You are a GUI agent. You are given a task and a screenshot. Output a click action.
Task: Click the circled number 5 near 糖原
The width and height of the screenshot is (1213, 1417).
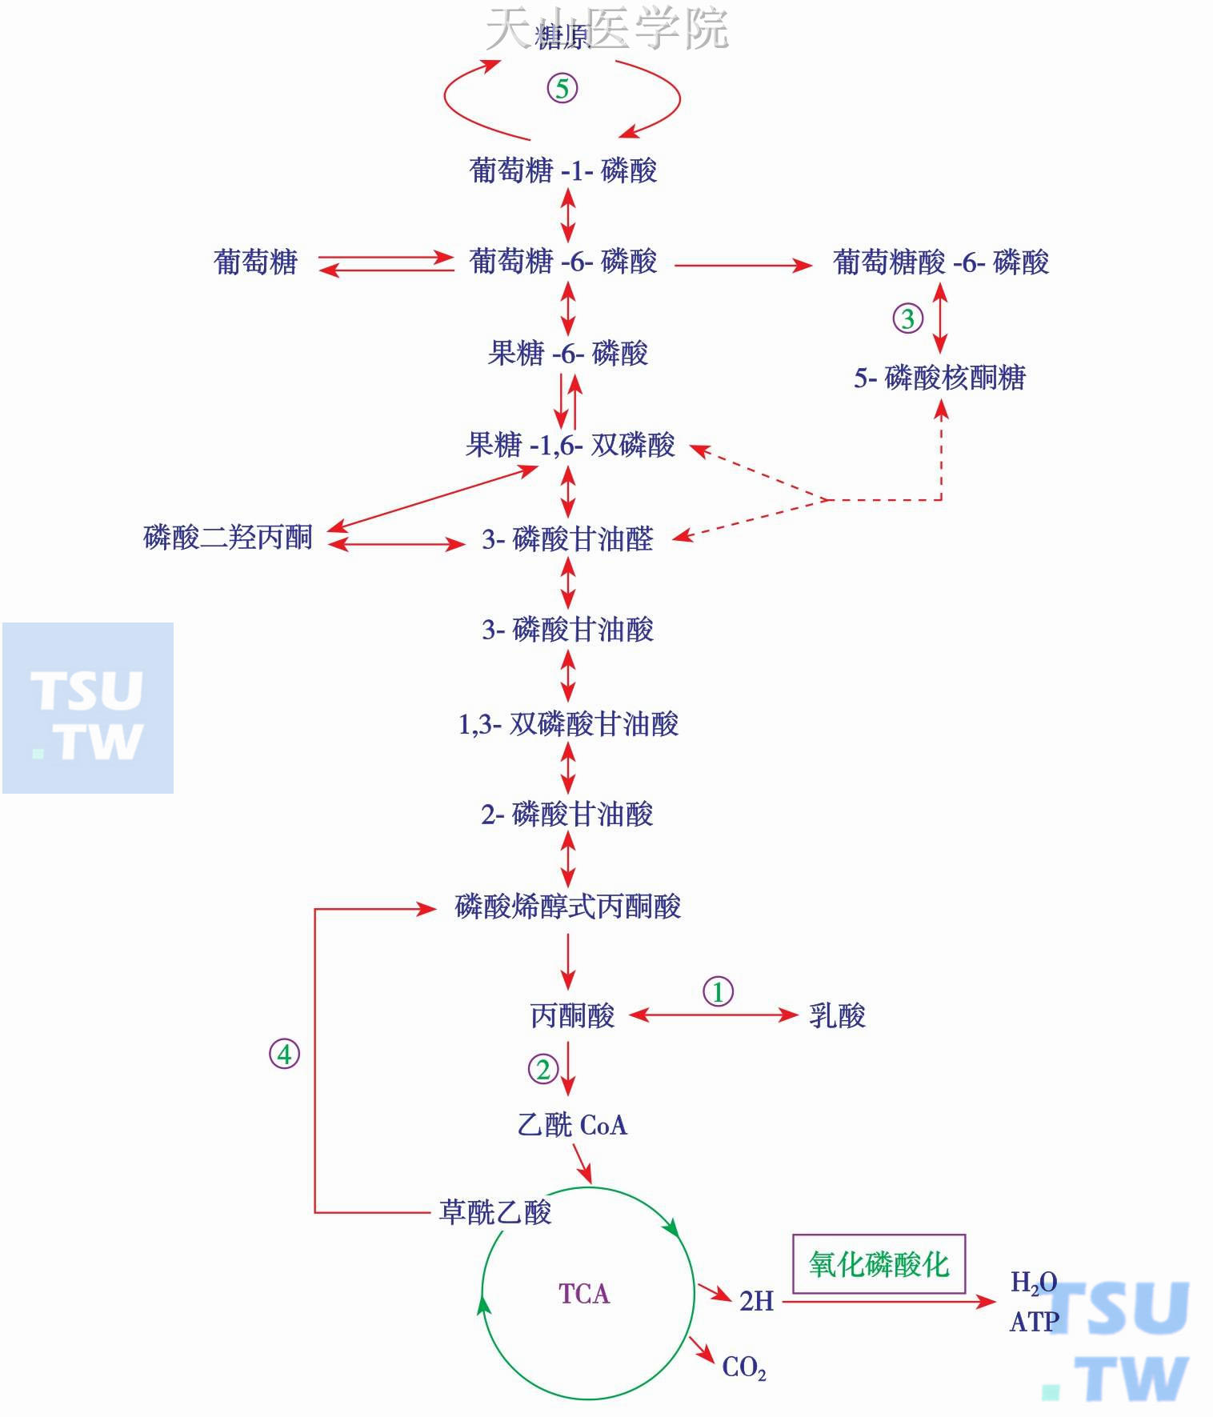(562, 88)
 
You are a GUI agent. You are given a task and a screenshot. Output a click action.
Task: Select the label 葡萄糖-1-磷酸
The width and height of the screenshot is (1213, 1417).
(563, 170)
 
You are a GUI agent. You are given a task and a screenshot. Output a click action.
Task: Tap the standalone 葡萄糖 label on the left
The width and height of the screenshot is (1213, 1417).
(256, 262)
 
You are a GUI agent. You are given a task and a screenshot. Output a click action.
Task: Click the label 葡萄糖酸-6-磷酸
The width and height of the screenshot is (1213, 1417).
(941, 262)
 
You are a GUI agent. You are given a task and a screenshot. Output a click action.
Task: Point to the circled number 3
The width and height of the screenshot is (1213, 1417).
(907, 318)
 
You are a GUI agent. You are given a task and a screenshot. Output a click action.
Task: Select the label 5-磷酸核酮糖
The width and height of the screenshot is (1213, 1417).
(939, 378)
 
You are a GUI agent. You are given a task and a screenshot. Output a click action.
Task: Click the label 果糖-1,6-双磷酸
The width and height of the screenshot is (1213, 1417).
(570, 445)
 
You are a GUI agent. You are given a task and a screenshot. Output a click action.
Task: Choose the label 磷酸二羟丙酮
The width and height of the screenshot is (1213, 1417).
(228, 537)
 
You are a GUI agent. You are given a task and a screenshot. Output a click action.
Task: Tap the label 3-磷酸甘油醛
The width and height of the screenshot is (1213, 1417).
(567, 538)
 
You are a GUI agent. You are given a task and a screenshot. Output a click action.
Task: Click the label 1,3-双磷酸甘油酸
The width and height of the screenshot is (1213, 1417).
(568, 724)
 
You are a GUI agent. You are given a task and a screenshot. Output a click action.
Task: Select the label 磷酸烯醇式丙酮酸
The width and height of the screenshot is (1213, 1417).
(568, 907)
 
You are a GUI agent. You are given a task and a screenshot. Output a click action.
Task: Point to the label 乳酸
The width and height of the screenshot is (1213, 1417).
(837, 1015)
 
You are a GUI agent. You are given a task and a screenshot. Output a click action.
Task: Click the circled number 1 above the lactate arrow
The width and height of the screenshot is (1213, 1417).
(718, 991)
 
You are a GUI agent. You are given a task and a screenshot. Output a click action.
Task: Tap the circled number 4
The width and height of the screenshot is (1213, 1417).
(284, 1054)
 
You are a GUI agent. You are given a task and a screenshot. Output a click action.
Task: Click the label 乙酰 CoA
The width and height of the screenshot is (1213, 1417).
(572, 1125)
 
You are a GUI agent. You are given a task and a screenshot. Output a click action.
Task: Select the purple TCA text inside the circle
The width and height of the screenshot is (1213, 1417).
(584, 1294)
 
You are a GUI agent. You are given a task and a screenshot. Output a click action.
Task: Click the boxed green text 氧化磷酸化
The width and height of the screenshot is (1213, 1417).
(879, 1264)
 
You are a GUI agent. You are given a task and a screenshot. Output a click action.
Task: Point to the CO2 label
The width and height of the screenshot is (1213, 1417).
(744, 1367)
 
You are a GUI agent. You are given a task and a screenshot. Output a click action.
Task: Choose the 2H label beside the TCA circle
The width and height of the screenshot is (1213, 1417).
(756, 1301)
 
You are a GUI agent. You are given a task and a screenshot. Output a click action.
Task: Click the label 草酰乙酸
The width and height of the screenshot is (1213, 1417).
(495, 1212)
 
